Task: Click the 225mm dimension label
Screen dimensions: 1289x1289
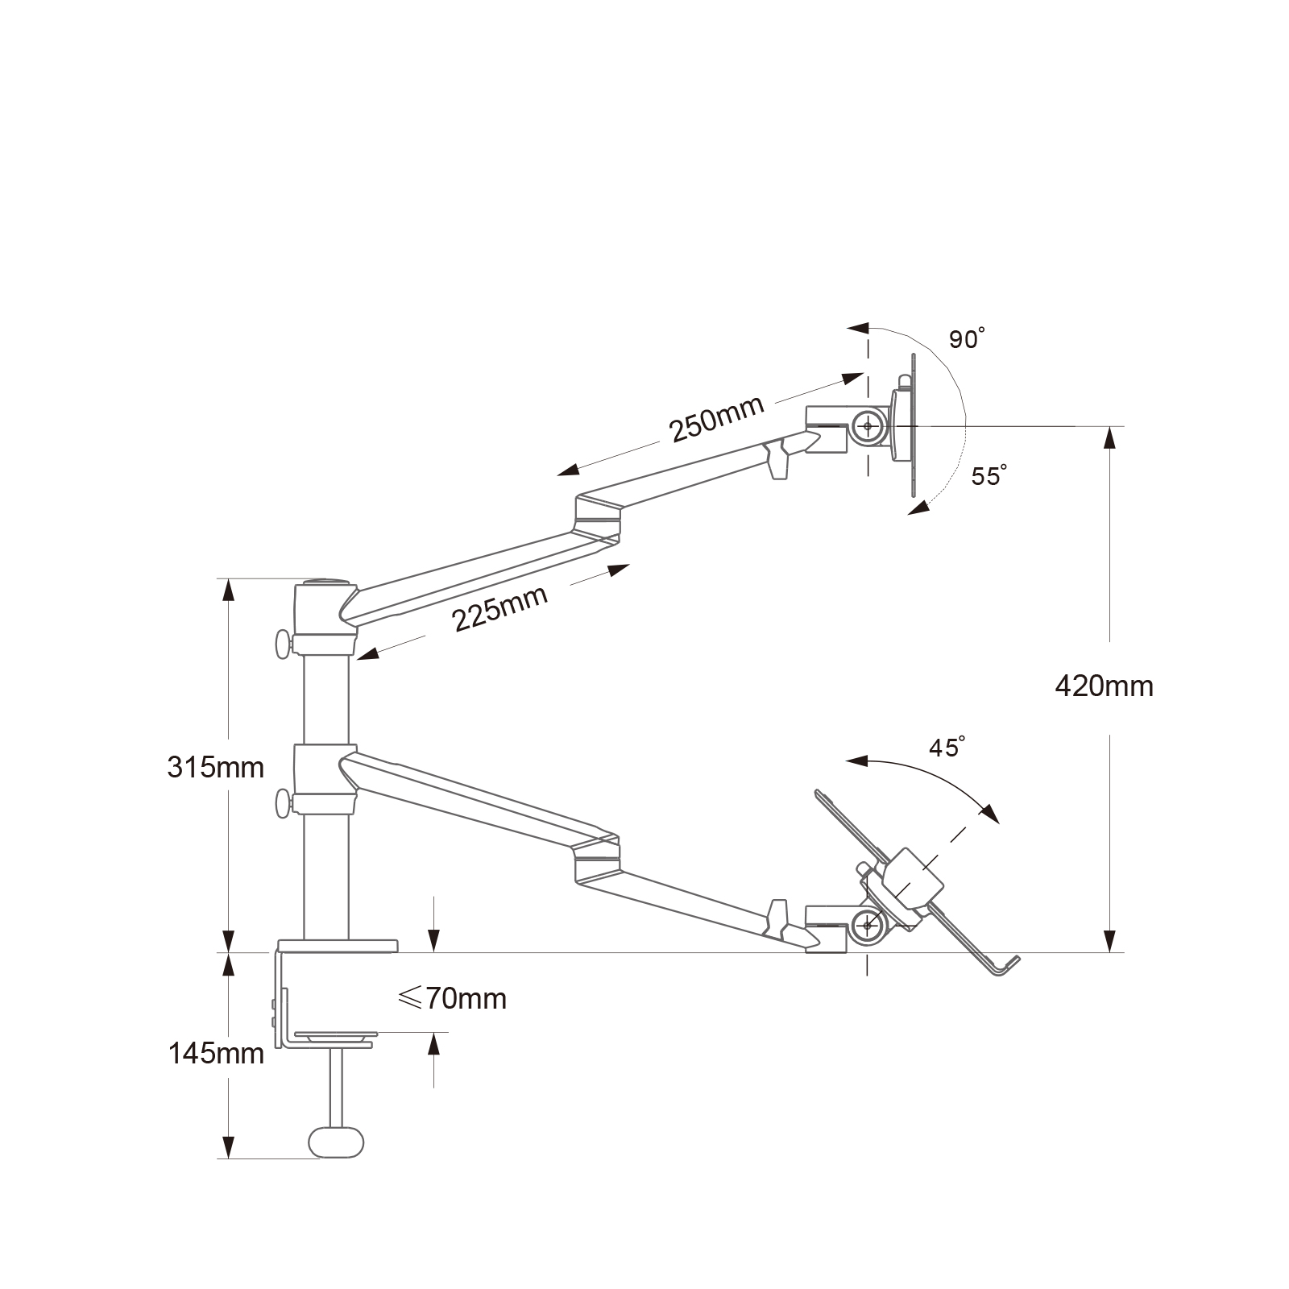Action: (x=500, y=607)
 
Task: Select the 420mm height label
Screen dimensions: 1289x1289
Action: (x=1104, y=686)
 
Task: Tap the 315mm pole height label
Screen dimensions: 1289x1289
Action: (x=216, y=767)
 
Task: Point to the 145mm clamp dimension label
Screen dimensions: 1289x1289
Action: (x=216, y=1053)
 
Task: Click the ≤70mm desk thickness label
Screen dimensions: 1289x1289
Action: (x=452, y=999)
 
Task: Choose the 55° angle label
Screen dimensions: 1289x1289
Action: (x=989, y=475)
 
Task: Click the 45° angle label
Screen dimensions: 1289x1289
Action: (x=947, y=748)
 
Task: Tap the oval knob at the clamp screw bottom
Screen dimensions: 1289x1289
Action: (x=336, y=1142)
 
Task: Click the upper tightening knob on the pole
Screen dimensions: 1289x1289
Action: (x=283, y=644)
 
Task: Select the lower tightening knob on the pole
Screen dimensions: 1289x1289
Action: (x=283, y=803)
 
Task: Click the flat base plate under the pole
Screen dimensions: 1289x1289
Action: (x=338, y=945)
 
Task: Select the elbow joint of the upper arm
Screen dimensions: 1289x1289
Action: (x=598, y=517)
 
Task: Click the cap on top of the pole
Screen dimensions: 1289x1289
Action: (x=325, y=582)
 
